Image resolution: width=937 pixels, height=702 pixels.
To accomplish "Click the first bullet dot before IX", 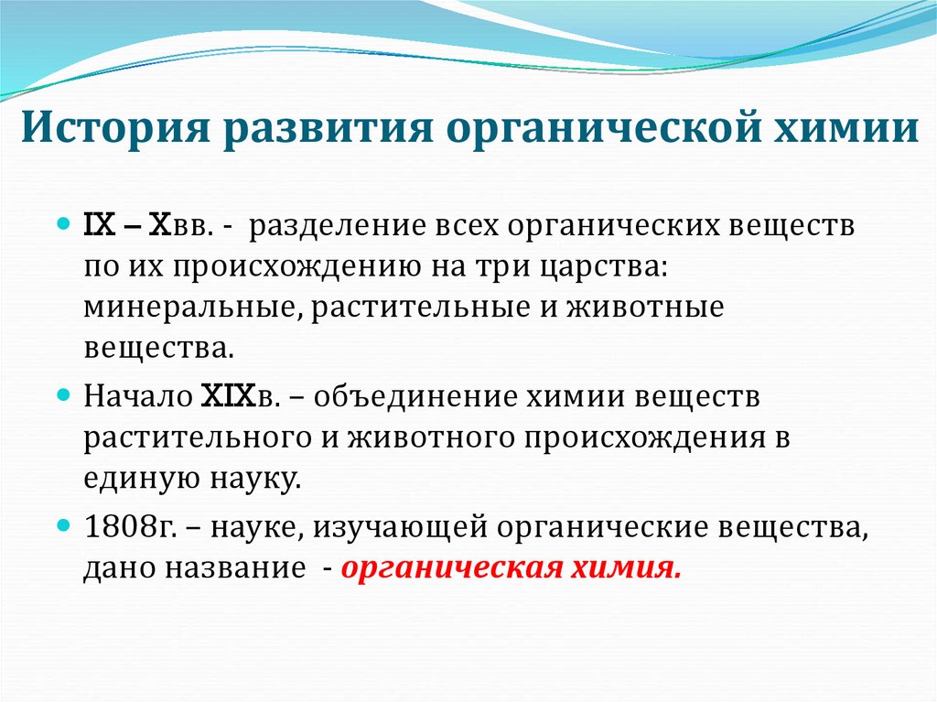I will pyautogui.click(x=63, y=223).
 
